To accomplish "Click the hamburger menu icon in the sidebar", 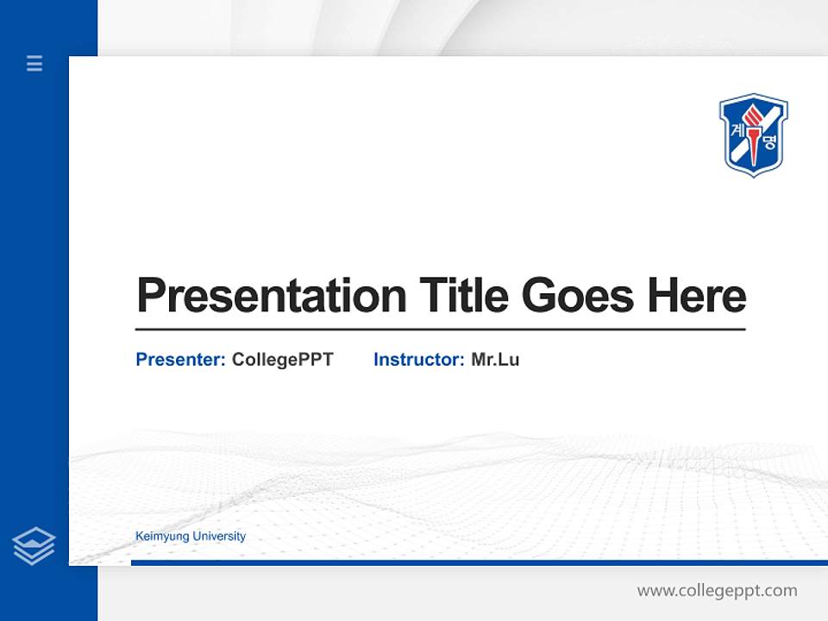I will [x=34, y=63].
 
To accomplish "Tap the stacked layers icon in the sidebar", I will [x=34, y=546].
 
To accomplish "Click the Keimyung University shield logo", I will [x=753, y=135].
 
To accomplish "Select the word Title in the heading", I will [x=463, y=296].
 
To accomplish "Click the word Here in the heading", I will [x=696, y=296].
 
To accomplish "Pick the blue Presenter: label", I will [x=181, y=360].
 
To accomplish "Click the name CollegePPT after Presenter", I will [x=282, y=360].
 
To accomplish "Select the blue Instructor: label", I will [x=419, y=360].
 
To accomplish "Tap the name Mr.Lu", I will [x=495, y=360].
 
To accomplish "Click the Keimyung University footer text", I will [x=191, y=536].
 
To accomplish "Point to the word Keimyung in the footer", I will [x=162, y=536].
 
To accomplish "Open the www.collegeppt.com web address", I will [x=717, y=591].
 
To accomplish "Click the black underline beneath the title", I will [x=440, y=329].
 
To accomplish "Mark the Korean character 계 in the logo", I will [x=737, y=130].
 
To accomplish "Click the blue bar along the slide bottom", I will [x=479, y=562].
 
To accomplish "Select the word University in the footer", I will [x=219, y=536].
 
